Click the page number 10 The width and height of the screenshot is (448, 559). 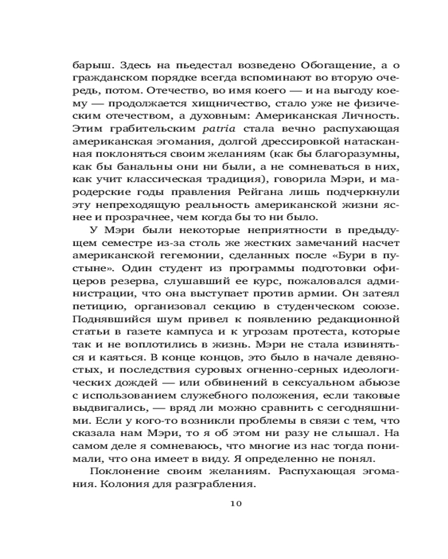[x=235, y=504]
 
